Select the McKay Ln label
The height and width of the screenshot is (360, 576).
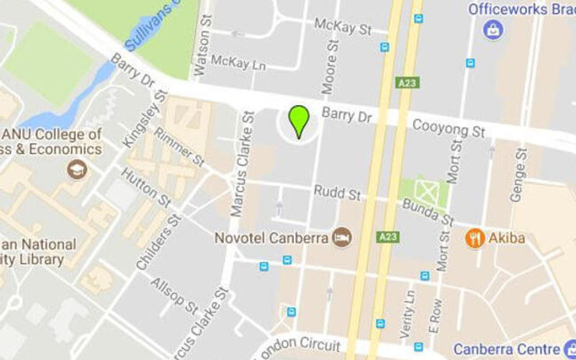(x=238, y=63)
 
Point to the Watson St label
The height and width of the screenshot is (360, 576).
(x=202, y=51)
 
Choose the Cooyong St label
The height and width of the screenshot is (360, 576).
(x=449, y=129)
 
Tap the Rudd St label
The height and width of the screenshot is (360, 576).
(x=337, y=194)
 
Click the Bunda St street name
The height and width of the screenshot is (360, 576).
(x=428, y=212)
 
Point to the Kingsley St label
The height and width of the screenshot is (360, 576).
(x=145, y=119)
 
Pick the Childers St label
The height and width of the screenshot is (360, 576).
(x=154, y=242)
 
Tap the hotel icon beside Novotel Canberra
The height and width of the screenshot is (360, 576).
(x=342, y=238)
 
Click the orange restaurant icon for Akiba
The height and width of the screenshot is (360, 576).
(x=474, y=238)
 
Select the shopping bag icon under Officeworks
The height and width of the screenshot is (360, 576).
(x=493, y=30)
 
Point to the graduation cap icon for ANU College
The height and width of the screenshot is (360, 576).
(x=76, y=170)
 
